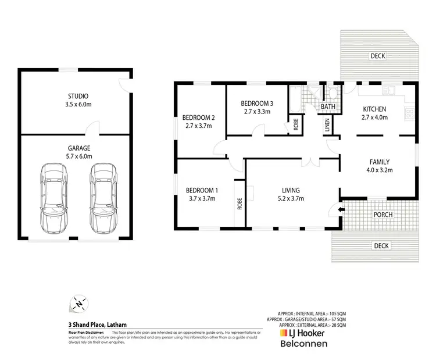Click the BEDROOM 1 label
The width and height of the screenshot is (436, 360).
point(202,190)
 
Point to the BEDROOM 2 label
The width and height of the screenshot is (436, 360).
point(199,117)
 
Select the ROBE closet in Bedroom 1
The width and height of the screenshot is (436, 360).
point(239,204)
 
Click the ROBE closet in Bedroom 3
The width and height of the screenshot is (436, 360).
point(296,124)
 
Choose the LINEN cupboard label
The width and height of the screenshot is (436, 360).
point(327,124)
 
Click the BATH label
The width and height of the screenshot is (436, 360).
point(328,106)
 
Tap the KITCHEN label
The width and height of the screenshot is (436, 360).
point(374,109)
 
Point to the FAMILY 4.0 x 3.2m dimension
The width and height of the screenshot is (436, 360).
point(378,170)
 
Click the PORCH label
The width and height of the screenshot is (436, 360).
point(383,215)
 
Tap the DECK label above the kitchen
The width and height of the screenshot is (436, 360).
point(378,56)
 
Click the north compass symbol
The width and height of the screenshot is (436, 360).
point(77,304)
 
